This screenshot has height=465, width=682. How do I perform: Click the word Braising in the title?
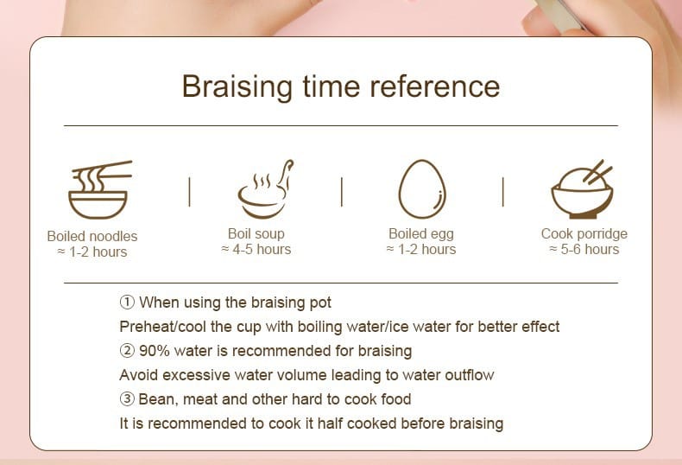[237, 87]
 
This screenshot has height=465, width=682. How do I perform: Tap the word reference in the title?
[435, 86]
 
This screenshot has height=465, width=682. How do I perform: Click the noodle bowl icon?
[100, 189]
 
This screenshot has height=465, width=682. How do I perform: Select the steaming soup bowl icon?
[265, 188]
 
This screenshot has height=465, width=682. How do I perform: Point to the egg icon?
[422, 189]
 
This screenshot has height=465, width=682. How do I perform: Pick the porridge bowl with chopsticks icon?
[582, 188]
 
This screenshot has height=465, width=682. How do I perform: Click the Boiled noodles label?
[92, 237]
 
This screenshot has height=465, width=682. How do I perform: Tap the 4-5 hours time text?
[256, 250]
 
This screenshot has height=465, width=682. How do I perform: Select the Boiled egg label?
[421, 234]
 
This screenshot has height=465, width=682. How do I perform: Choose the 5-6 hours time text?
[584, 250]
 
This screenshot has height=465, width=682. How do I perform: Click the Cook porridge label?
[584, 234]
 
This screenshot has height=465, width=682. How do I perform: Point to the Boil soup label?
[256, 234]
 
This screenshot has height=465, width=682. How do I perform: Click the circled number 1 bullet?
[127, 303]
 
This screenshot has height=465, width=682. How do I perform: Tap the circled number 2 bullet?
[127, 351]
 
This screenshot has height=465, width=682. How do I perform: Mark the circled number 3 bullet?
[127, 398]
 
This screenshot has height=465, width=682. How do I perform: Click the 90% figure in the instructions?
[155, 351]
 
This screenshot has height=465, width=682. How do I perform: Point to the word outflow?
[470, 375]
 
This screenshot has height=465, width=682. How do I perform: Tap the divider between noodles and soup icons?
[190, 192]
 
